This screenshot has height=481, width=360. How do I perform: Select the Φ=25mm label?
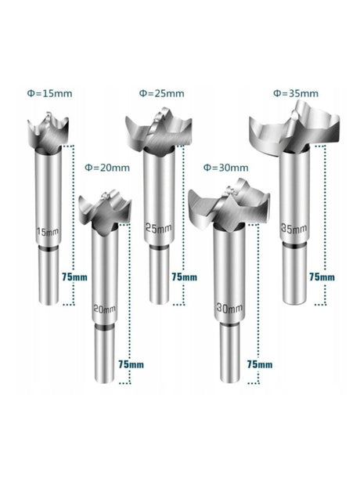pos(161,93)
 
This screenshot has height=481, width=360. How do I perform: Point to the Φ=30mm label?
pos(225,167)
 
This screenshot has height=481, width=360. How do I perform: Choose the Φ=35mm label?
pos(295,93)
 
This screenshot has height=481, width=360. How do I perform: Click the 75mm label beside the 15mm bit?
pos(71,277)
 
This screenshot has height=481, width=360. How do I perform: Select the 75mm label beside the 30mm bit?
pos(259,364)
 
